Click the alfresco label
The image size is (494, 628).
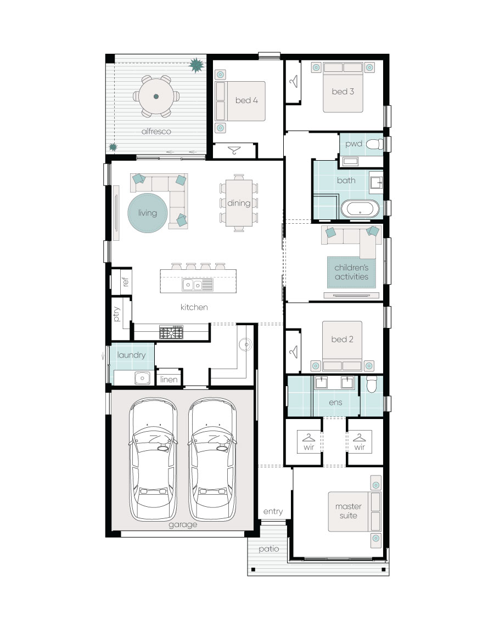tap(156, 132)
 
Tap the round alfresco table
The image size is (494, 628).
tap(156, 97)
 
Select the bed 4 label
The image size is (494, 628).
tap(246, 100)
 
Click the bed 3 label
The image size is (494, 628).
tap(343, 91)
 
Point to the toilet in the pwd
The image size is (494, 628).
tap(374, 144)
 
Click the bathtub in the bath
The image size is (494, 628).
tap(360, 209)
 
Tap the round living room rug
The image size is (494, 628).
tap(148, 213)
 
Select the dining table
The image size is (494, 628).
tap(239, 203)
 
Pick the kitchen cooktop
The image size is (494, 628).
tap(171, 332)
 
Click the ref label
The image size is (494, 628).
tap(126, 281)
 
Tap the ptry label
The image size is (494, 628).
tap(117, 314)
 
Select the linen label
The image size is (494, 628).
tap(169, 380)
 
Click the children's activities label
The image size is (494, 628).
tap(352, 272)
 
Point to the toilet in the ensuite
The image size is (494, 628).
tap(371, 384)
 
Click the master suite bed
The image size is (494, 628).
tap(354, 512)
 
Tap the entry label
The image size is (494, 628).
tap(273, 512)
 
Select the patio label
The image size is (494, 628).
tap(268, 548)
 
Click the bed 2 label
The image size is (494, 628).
tap(342, 340)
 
